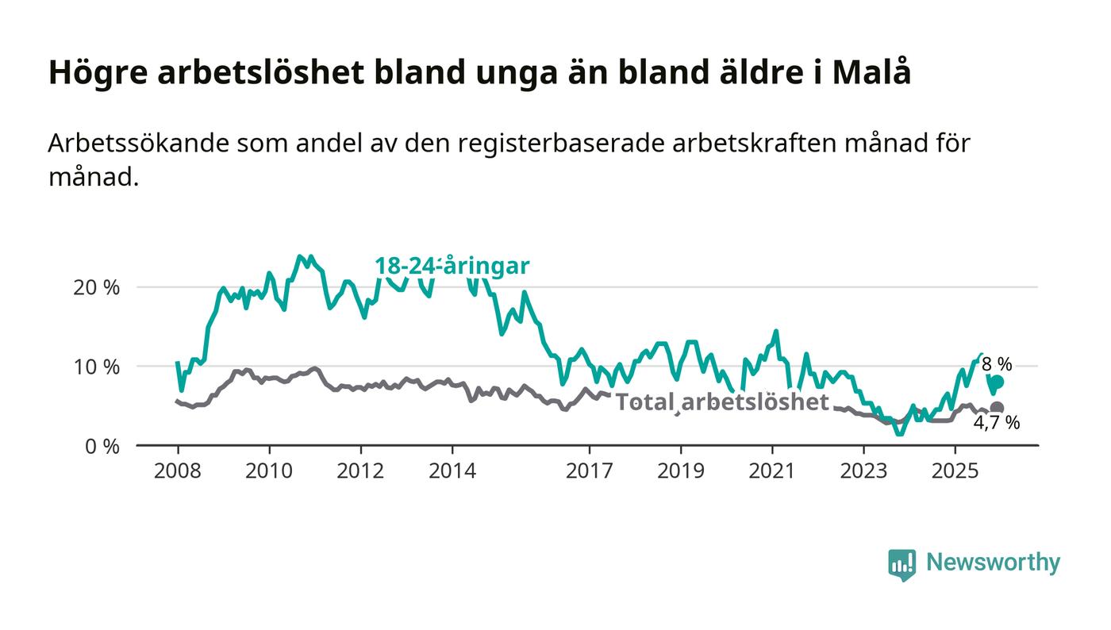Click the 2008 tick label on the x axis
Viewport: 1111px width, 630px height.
(178, 471)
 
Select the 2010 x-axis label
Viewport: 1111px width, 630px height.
(269, 471)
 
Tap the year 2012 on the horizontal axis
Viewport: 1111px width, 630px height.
(360, 471)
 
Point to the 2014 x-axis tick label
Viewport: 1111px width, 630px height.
(452, 471)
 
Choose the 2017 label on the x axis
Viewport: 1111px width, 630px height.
(589, 471)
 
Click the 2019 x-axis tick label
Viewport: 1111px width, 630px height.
(680, 471)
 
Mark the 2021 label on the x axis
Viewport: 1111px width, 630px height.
(772, 471)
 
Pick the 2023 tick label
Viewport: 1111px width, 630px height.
(863, 471)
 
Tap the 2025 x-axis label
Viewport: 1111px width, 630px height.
(955, 471)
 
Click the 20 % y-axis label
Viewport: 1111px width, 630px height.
(96, 287)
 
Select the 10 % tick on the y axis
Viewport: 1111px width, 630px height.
(96, 367)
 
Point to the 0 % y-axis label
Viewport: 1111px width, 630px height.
(101, 446)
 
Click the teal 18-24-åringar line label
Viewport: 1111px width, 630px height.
(452, 266)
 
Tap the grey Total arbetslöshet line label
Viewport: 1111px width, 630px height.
(722, 402)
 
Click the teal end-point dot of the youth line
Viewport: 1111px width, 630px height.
(997, 382)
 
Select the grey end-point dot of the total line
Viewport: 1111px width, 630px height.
(997, 408)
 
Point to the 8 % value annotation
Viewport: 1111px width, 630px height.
(997, 364)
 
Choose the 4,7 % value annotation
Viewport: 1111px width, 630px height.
(997, 424)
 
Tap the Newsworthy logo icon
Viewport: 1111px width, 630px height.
(901, 564)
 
